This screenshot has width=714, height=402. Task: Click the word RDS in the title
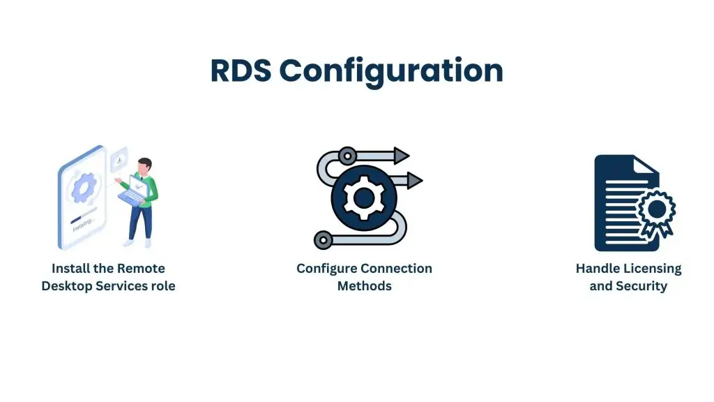click(241, 71)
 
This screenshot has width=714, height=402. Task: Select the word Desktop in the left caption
click(68, 286)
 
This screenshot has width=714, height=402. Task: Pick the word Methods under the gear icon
click(364, 286)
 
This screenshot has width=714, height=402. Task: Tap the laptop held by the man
click(134, 195)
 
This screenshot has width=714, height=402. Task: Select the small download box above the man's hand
click(119, 161)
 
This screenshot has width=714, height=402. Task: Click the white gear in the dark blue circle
click(363, 198)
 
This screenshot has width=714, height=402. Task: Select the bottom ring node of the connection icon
click(323, 241)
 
